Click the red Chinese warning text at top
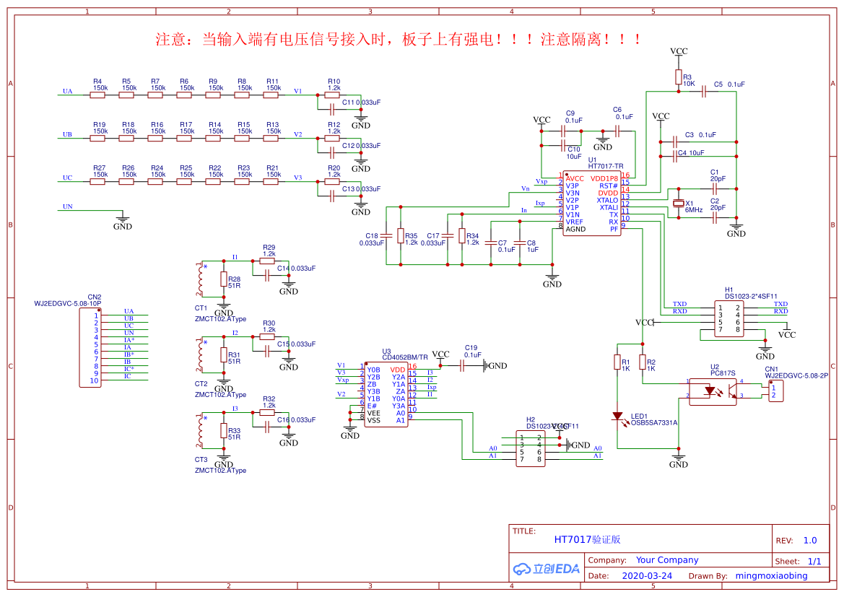(x=399, y=40)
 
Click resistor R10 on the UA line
(x=333, y=95)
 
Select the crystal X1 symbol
(x=678, y=204)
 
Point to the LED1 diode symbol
(x=617, y=417)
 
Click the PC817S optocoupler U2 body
(x=713, y=391)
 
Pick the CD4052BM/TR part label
(x=405, y=357)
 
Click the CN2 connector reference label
(x=95, y=297)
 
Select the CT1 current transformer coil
(x=200, y=280)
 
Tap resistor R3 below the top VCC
(x=678, y=77)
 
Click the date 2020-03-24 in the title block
(x=647, y=576)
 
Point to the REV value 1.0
(x=810, y=540)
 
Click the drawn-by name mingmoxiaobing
(x=771, y=576)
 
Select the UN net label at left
(x=68, y=206)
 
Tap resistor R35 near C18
(x=401, y=236)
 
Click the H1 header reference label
(x=729, y=289)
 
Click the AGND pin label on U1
(x=576, y=230)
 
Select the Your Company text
(x=667, y=560)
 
